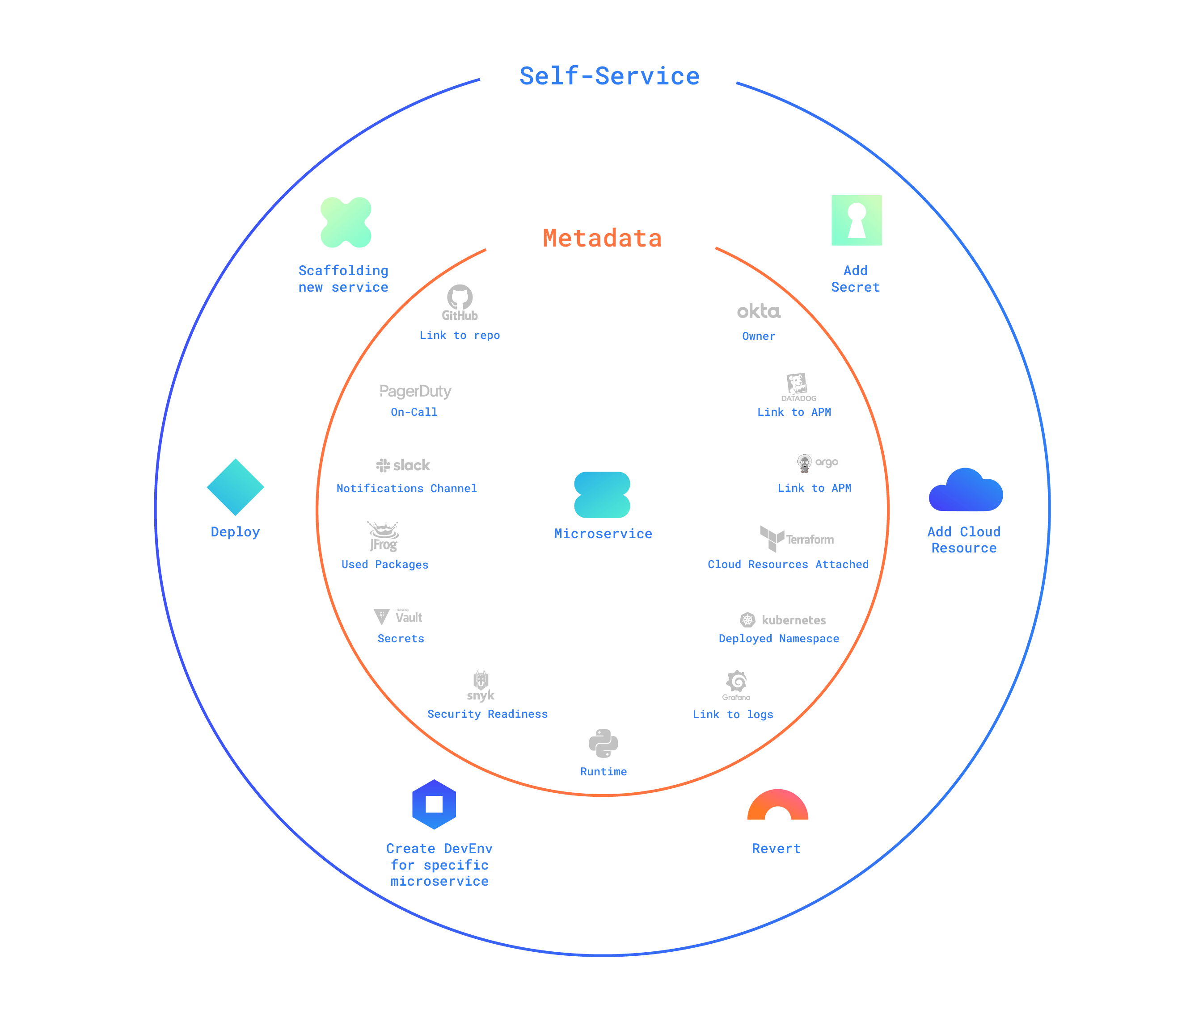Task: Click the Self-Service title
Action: [x=609, y=76]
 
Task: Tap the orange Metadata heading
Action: [x=602, y=239]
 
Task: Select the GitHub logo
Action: [x=459, y=302]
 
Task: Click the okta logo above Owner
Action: [x=758, y=311]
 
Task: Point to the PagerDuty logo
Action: [x=415, y=391]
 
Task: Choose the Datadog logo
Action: [x=798, y=387]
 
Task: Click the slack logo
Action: [x=403, y=465]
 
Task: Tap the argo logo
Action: [x=817, y=463]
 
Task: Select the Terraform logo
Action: [x=796, y=538]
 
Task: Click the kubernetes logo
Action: [x=782, y=620]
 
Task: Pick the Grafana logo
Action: [x=736, y=685]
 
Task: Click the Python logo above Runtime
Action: [x=603, y=743]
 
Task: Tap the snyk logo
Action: [x=481, y=686]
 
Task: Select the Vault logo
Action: [x=398, y=616]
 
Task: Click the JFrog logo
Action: [x=383, y=536]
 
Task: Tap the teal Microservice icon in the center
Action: [x=602, y=495]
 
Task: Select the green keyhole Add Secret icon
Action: [x=856, y=221]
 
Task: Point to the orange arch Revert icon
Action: [x=777, y=806]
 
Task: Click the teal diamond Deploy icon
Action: [x=235, y=487]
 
